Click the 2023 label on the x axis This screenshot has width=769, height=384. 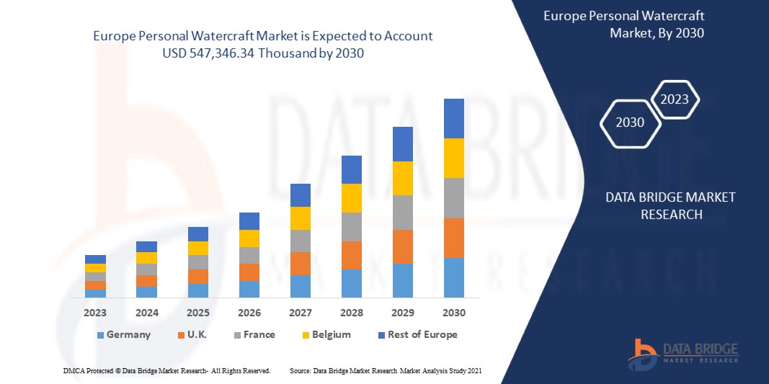pyautogui.click(x=95, y=313)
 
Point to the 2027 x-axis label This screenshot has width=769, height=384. pyautogui.click(x=300, y=313)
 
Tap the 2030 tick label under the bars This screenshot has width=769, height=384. pyautogui.click(x=454, y=313)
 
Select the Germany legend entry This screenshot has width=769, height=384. pyautogui.click(x=123, y=334)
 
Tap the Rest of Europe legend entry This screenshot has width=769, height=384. pyautogui.click(x=417, y=334)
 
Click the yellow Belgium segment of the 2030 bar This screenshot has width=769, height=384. pyautogui.click(x=454, y=158)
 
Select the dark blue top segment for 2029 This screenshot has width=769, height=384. pyautogui.click(x=403, y=144)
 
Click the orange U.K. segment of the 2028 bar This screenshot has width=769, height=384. pyautogui.click(x=351, y=255)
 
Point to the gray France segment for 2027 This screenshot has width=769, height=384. pyautogui.click(x=300, y=241)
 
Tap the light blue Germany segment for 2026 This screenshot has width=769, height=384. pyautogui.click(x=249, y=289)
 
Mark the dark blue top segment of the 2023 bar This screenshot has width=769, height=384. pyautogui.click(x=95, y=259)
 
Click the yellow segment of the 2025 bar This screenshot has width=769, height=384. pyautogui.click(x=197, y=248)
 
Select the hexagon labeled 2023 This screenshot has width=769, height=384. pyautogui.click(x=675, y=99)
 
